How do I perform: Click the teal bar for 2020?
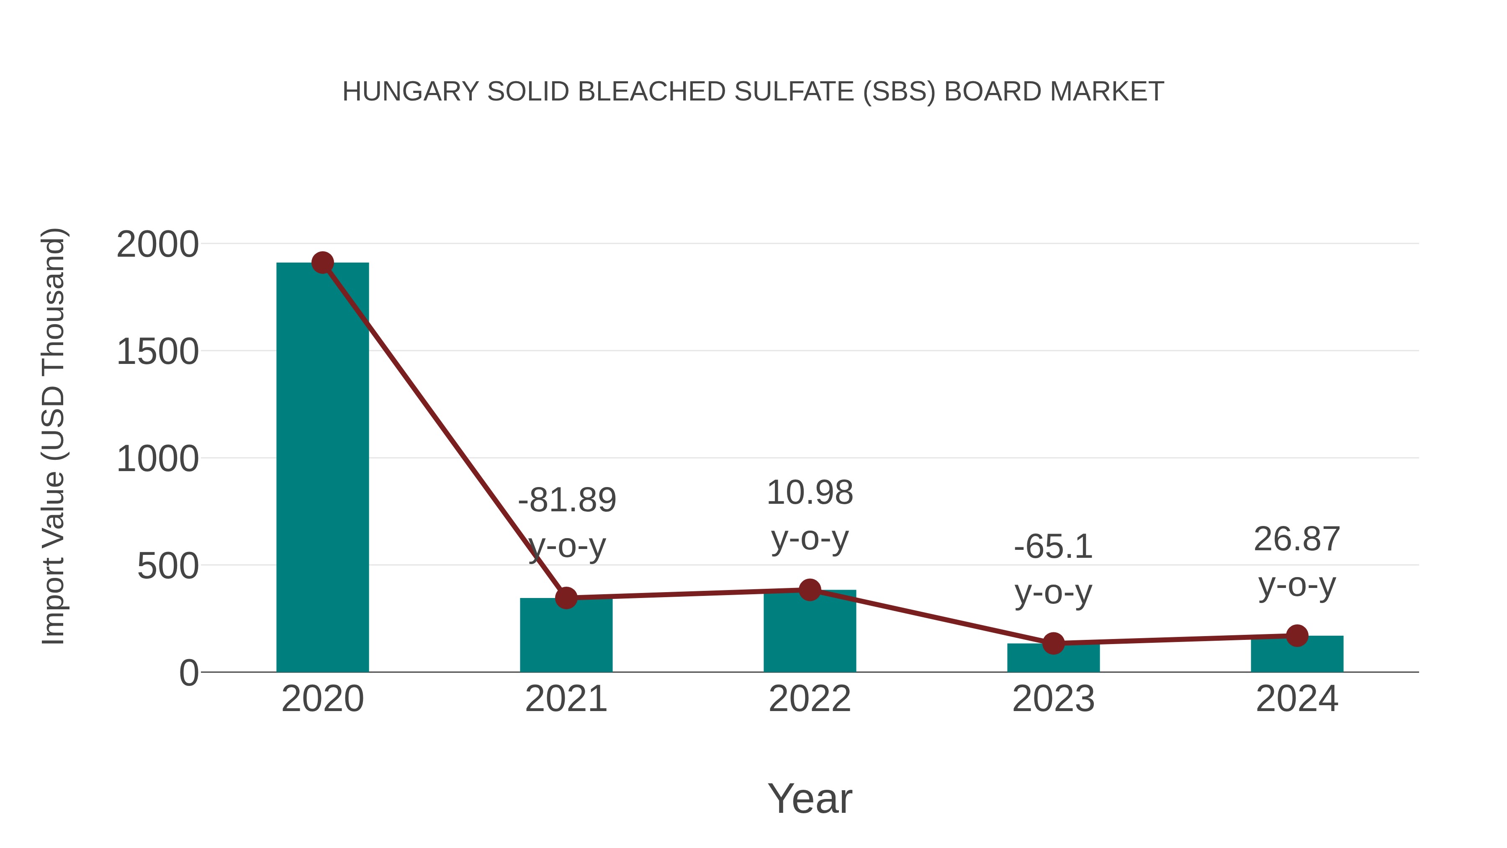pyautogui.click(x=322, y=468)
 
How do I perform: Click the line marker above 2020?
pyautogui.click(x=322, y=263)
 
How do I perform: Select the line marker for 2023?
pyautogui.click(x=1053, y=644)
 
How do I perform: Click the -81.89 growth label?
pyautogui.click(x=567, y=501)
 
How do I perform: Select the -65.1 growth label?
pyautogui.click(x=1053, y=547)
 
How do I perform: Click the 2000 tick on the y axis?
pyautogui.click(x=158, y=245)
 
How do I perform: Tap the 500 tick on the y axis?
pyautogui.click(x=168, y=567)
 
